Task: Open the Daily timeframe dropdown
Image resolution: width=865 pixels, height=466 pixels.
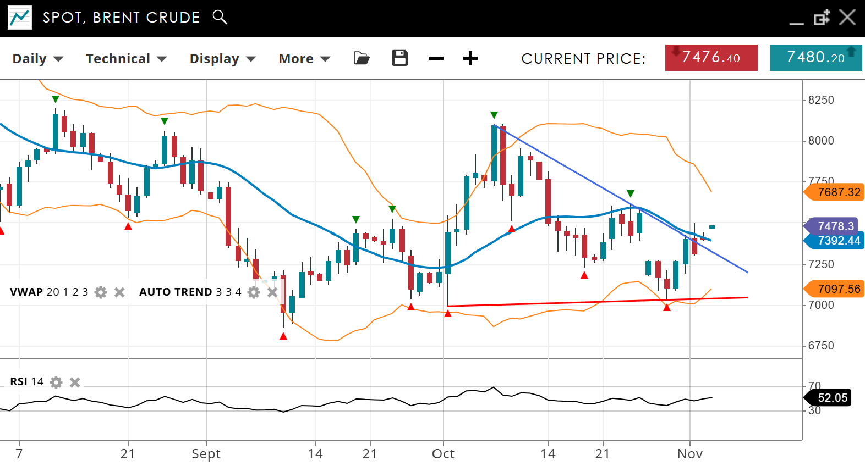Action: pos(37,59)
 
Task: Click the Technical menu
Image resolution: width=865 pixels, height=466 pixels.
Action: pos(125,59)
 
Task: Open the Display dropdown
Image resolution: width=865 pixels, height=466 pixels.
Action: pos(222,59)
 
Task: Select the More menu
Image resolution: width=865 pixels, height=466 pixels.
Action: pos(304,59)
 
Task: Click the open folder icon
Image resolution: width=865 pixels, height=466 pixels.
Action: pos(362,58)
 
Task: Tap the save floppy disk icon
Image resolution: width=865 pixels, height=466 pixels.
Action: pos(400,58)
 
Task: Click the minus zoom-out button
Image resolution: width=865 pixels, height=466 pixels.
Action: pos(436,58)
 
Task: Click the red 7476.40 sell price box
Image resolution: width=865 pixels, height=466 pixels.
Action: pos(711,58)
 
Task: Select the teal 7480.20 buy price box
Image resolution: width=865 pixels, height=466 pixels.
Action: pos(815,58)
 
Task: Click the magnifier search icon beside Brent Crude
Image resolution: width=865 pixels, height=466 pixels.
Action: pos(220,17)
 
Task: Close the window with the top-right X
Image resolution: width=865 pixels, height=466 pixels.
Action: pos(847,18)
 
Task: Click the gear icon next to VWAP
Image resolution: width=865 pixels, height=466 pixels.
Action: pos(101,292)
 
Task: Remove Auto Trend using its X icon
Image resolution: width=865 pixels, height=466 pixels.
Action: pos(272,292)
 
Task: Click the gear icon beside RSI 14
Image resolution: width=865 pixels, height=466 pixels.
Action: pos(56,382)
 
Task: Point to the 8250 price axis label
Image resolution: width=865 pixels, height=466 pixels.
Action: pos(820,100)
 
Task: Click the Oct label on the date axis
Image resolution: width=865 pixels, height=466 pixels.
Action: pos(443,454)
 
